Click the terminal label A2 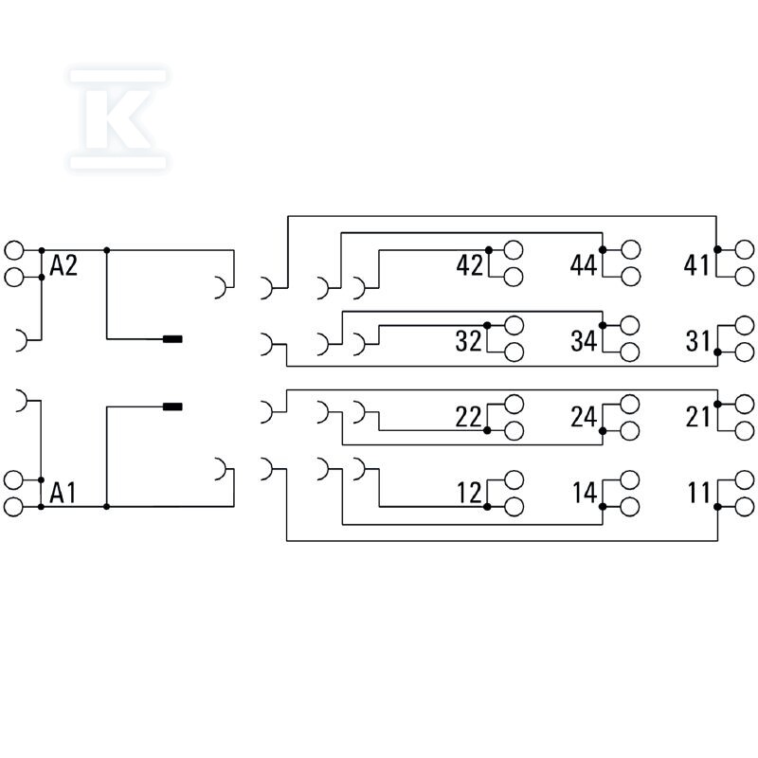63,266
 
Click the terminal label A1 63,493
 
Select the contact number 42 469,265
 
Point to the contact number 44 584,265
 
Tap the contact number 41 696,265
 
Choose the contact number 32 468,341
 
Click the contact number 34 584,341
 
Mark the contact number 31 697,341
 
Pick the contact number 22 468,417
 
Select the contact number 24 584,417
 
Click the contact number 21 697,417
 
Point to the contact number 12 469,493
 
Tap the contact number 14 585,493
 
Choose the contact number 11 698,493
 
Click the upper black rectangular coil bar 172,339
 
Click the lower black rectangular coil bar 172,406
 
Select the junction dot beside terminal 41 717,249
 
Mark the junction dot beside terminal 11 717,507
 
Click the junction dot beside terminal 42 489,250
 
